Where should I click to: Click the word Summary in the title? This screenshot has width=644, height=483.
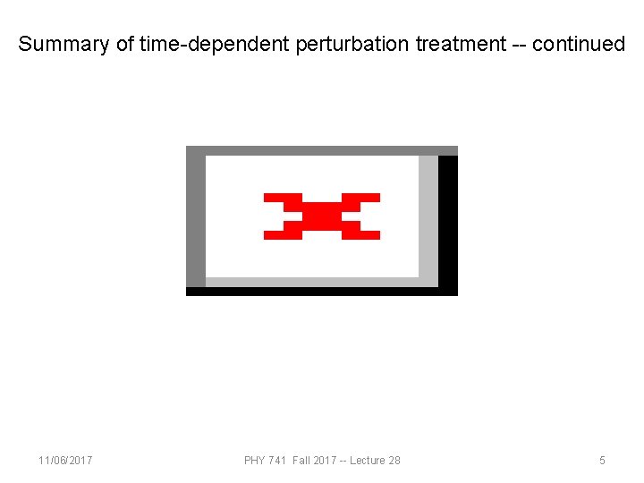click(x=64, y=44)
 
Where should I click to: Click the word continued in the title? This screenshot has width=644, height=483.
click(x=579, y=44)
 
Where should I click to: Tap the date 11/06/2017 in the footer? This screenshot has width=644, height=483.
click(x=65, y=461)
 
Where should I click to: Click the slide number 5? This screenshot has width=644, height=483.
click(x=602, y=461)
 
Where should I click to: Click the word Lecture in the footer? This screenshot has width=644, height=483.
click(x=369, y=461)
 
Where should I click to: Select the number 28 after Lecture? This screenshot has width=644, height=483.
click(x=394, y=461)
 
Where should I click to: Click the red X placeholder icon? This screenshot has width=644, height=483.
click(x=322, y=216)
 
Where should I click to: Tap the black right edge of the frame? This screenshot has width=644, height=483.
click(x=448, y=224)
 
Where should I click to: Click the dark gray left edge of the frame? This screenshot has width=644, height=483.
click(x=195, y=219)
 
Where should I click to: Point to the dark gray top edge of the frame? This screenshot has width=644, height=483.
click(x=322, y=150)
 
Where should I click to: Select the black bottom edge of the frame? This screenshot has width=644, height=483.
click(x=322, y=291)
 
